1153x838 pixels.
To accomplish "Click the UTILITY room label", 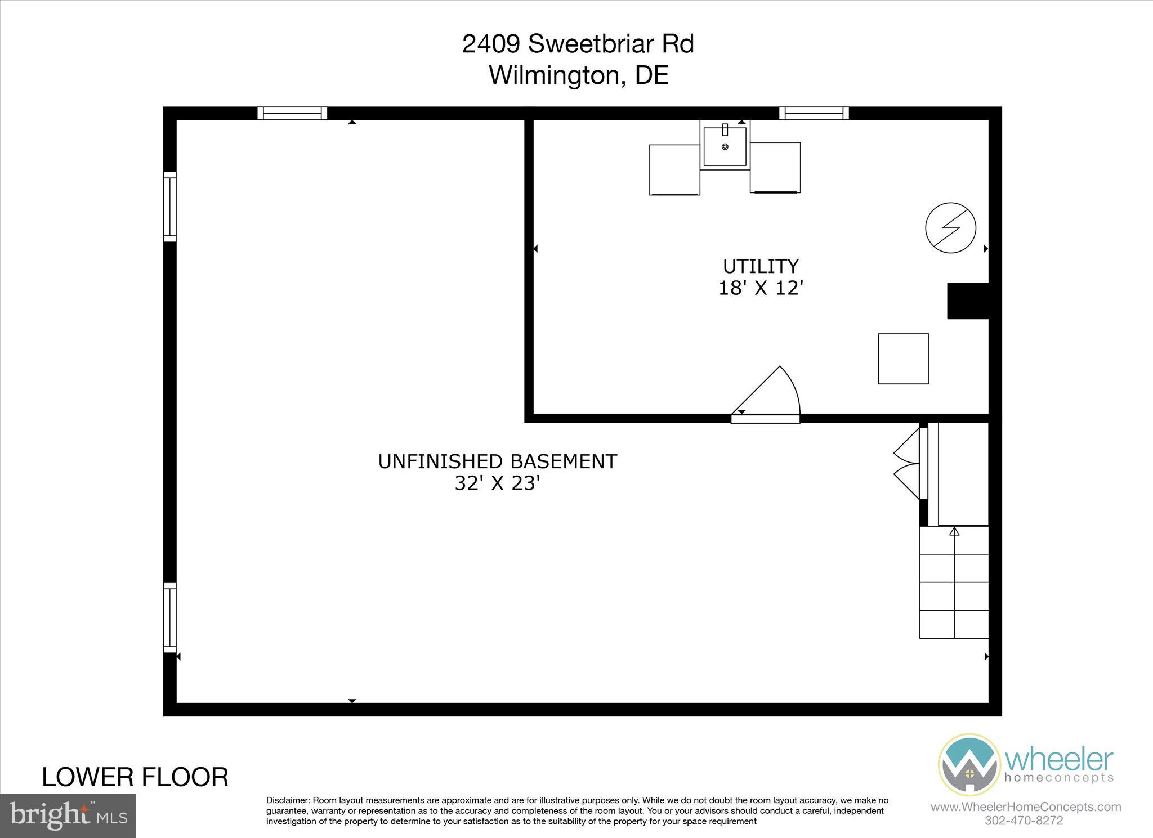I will tap(761, 266).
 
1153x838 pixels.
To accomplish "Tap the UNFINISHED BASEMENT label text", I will tap(497, 461).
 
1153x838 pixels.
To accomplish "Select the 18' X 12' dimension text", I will tap(761, 288).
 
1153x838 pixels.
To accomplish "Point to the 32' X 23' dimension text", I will tap(497, 483).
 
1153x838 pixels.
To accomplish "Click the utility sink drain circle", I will tap(725, 147).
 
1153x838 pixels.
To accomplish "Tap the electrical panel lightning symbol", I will tap(950, 228).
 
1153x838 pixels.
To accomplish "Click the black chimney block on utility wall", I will tap(968, 301).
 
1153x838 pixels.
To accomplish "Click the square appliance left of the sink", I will tap(674, 170).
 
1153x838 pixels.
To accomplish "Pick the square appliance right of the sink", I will tap(775, 167).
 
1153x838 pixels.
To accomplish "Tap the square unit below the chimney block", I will tap(904, 358).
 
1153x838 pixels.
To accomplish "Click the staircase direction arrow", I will tap(954, 531).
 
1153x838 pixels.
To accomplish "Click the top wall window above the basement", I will tap(292, 113).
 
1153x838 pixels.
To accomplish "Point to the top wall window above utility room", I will tap(814, 113).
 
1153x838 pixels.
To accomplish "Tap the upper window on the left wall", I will tap(169, 207).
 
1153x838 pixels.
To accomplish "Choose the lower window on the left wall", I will tap(169, 617).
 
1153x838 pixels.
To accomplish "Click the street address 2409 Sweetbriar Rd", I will tap(578, 44).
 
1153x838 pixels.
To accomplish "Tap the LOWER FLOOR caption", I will tap(135, 777).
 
